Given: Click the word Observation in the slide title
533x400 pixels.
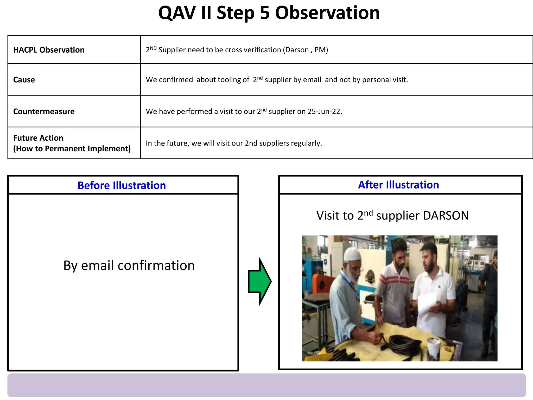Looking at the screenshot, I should (327, 13).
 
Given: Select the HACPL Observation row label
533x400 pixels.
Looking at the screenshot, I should (49, 50).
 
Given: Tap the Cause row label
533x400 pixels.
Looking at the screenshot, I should (24, 80).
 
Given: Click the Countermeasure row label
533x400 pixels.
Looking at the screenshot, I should (44, 111).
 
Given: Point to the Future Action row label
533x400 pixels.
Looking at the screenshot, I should (38, 138).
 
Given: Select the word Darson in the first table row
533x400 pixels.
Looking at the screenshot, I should (297, 50).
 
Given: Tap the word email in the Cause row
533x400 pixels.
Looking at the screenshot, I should (312, 80).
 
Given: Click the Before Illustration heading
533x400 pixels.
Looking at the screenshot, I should (122, 185).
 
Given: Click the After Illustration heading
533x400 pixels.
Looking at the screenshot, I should (398, 185).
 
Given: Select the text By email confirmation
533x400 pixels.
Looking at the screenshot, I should (129, 265).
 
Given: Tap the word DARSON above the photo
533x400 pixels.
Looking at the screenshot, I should (446, 216).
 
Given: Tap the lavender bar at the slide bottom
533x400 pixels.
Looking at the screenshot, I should (266, 385).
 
